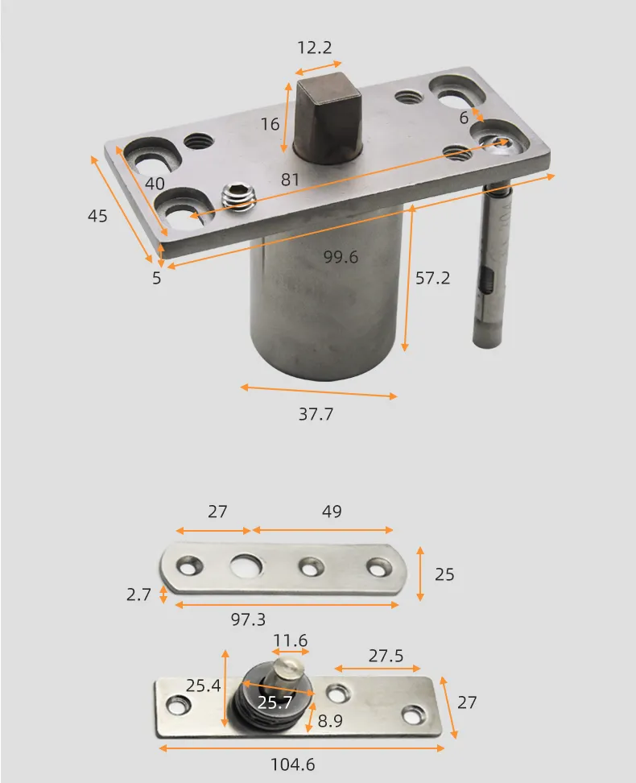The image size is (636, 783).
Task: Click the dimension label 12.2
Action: coord(313,48)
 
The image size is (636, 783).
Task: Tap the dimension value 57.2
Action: coord(432,278)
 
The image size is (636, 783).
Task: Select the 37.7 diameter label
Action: coord(316,415)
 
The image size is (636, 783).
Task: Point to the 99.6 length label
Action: coord(341,257)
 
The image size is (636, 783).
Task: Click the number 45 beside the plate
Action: coord(97,216)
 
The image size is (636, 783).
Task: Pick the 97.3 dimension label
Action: coord(248,619)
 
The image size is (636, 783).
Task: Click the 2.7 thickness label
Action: coord(138,595)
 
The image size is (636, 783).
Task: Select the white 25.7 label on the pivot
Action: coord(275,702)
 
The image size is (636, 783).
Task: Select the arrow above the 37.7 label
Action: coord(319,391)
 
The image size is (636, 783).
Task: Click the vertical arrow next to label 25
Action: coord(420,573)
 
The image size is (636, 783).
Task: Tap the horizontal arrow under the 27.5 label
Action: coord(378,669)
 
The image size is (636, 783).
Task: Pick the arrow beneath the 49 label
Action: coord(323,530)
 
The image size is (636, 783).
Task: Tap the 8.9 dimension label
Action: coord(329,721)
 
